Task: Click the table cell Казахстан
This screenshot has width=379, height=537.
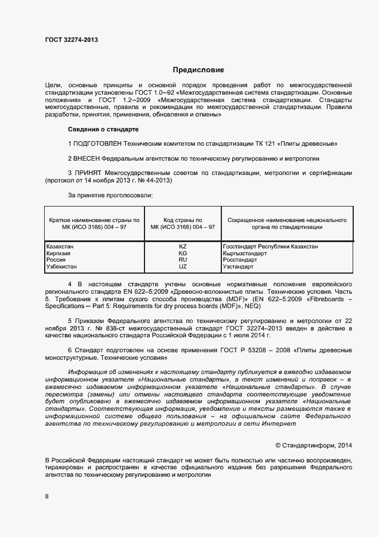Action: click(60, 247)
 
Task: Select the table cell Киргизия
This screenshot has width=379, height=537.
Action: click(58, 254)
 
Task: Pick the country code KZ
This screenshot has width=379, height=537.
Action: click(183, 247)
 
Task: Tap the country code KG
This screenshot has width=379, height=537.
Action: click(183, 254)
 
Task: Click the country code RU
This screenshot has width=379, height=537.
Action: click(183, 260)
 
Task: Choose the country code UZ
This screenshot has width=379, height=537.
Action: click(183, 267)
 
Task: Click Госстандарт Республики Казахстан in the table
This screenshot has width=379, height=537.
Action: click(270, 247)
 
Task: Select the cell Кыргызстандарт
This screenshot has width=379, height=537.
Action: click(244, 254)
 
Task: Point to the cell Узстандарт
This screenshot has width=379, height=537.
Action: click(240, 267)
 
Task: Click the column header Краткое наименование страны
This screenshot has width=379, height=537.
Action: click(94, 224)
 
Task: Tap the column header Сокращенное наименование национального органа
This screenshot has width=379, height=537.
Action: click(287, 224)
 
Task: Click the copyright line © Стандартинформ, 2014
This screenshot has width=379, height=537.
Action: click(314, 445)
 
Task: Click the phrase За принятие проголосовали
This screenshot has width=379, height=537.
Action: click(110, 196)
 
